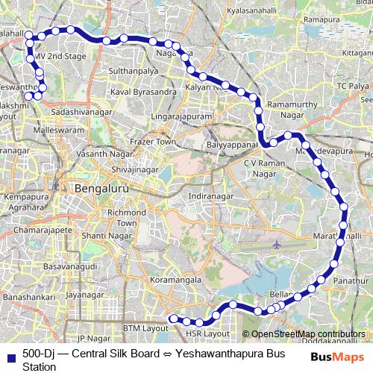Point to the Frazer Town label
tap(152, 142)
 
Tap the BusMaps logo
tap(337, 357)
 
